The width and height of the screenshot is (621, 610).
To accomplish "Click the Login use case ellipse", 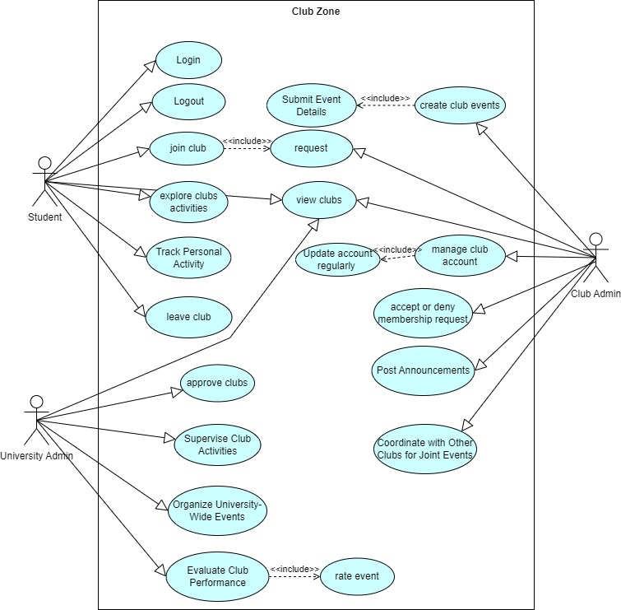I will tap(188, 61).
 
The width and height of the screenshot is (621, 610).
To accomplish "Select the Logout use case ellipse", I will tap(188, 102).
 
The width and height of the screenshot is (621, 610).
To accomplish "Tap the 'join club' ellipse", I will tap(188, 149).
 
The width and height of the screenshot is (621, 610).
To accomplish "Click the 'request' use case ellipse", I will tap(311, 149).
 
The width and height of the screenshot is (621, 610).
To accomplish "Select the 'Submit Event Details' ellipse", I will tap(311, 105).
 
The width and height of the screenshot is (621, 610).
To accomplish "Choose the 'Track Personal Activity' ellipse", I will tap(188, 258).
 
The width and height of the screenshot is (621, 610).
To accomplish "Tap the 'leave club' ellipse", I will tap(188, 317).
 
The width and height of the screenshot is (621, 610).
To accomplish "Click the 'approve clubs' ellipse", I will tap(217, 384).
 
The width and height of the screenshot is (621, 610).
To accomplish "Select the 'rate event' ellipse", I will tap(357, 576).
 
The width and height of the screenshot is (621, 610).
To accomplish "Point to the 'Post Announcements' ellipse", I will tap(422, 370).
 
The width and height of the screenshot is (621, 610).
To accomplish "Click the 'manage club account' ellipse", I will tap(459, 256).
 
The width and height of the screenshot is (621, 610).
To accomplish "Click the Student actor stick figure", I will tap(44, 181).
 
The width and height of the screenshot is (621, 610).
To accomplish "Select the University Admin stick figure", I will tap(35, 420).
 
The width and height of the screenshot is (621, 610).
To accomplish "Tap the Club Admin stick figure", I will tap(598, 258).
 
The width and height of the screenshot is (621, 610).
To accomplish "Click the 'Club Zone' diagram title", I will tap(316, 12).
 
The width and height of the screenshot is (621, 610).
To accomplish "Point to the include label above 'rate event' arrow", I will tap(294, 569).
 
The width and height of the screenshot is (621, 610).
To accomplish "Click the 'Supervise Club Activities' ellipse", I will tap(217, 445).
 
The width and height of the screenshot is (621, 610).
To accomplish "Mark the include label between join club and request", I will tap(248, 141).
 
